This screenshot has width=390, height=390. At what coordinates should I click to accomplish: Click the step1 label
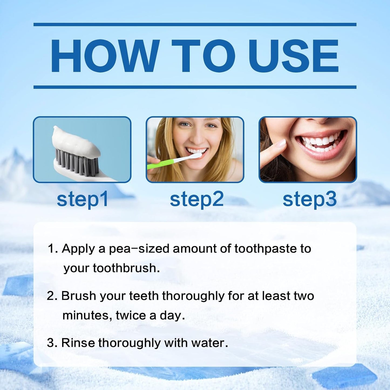[82, 199]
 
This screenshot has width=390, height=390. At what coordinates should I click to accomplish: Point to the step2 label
[196, 199]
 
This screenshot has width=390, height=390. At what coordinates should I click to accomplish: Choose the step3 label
[310, 199]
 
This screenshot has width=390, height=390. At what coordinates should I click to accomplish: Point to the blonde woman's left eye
[211, 126]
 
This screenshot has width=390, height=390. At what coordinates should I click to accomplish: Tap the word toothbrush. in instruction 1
[126, 268]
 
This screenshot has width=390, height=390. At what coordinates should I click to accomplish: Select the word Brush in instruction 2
[79, 296]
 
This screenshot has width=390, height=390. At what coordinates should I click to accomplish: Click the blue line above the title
[195, 25]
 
